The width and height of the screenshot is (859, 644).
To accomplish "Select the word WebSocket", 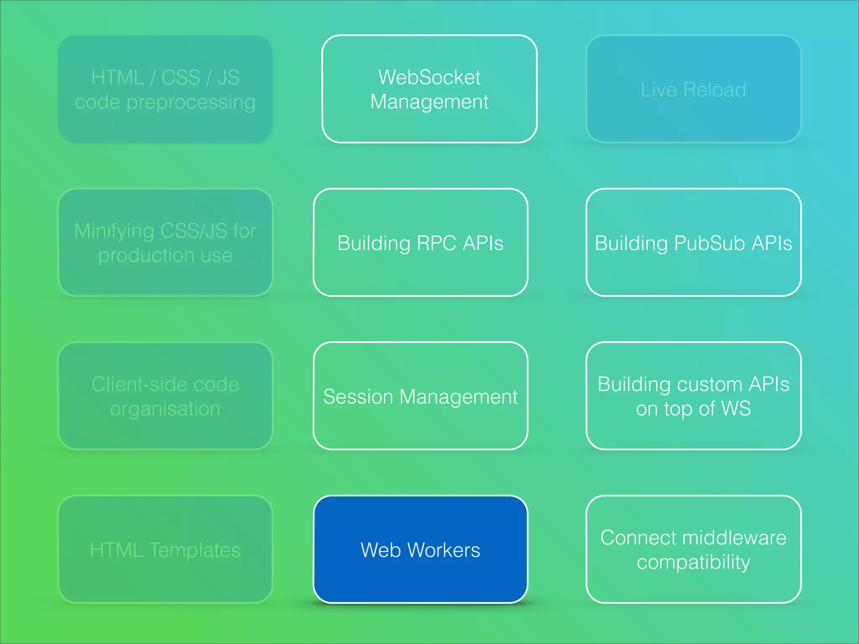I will click(x=429, y=78).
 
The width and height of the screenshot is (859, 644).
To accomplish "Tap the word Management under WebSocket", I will click(x=429, y=102).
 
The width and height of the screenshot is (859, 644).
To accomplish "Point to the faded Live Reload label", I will click(x=693, y=90).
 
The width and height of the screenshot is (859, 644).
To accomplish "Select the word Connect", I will click(x=633, y=538).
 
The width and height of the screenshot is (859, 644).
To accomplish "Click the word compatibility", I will click(x=693, y=562).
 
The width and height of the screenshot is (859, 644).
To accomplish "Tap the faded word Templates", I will click(x=195, y=550).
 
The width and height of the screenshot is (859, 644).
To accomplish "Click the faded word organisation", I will click(x=165, y=409).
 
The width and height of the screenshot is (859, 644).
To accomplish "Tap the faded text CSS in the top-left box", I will click(x=181, y=78).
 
